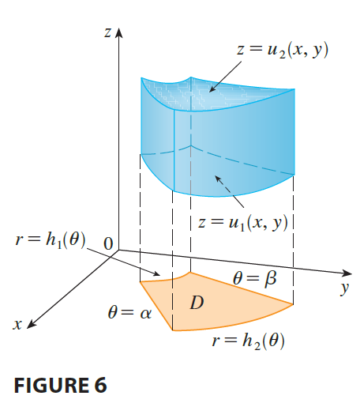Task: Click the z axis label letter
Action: (x=107, y=33)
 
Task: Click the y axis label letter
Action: (x=344, y=289)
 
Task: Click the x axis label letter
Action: (x=17, y=324)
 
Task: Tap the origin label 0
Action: (x=108, y=243)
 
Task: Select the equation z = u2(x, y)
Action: (x=283, y=50)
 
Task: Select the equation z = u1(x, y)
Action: (x=243, y=223)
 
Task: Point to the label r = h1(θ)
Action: (x=51, y=240)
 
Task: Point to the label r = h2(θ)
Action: (x=248, y=341)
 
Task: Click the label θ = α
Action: (x=129, y=313)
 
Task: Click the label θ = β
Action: (x=255, y=278)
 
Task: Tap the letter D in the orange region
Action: (x=197, y=303)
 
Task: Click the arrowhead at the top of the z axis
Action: (x=119, y=32)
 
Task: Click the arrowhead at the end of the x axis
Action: (x=31, y=324)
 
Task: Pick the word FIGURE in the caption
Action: (x=50, y=385)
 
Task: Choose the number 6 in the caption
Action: (x=99, y=385)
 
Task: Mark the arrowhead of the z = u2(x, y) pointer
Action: (x=212, y=89)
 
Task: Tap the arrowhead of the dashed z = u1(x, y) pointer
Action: (x=218, y=179)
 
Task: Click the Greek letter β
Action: (x=271, y=279)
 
